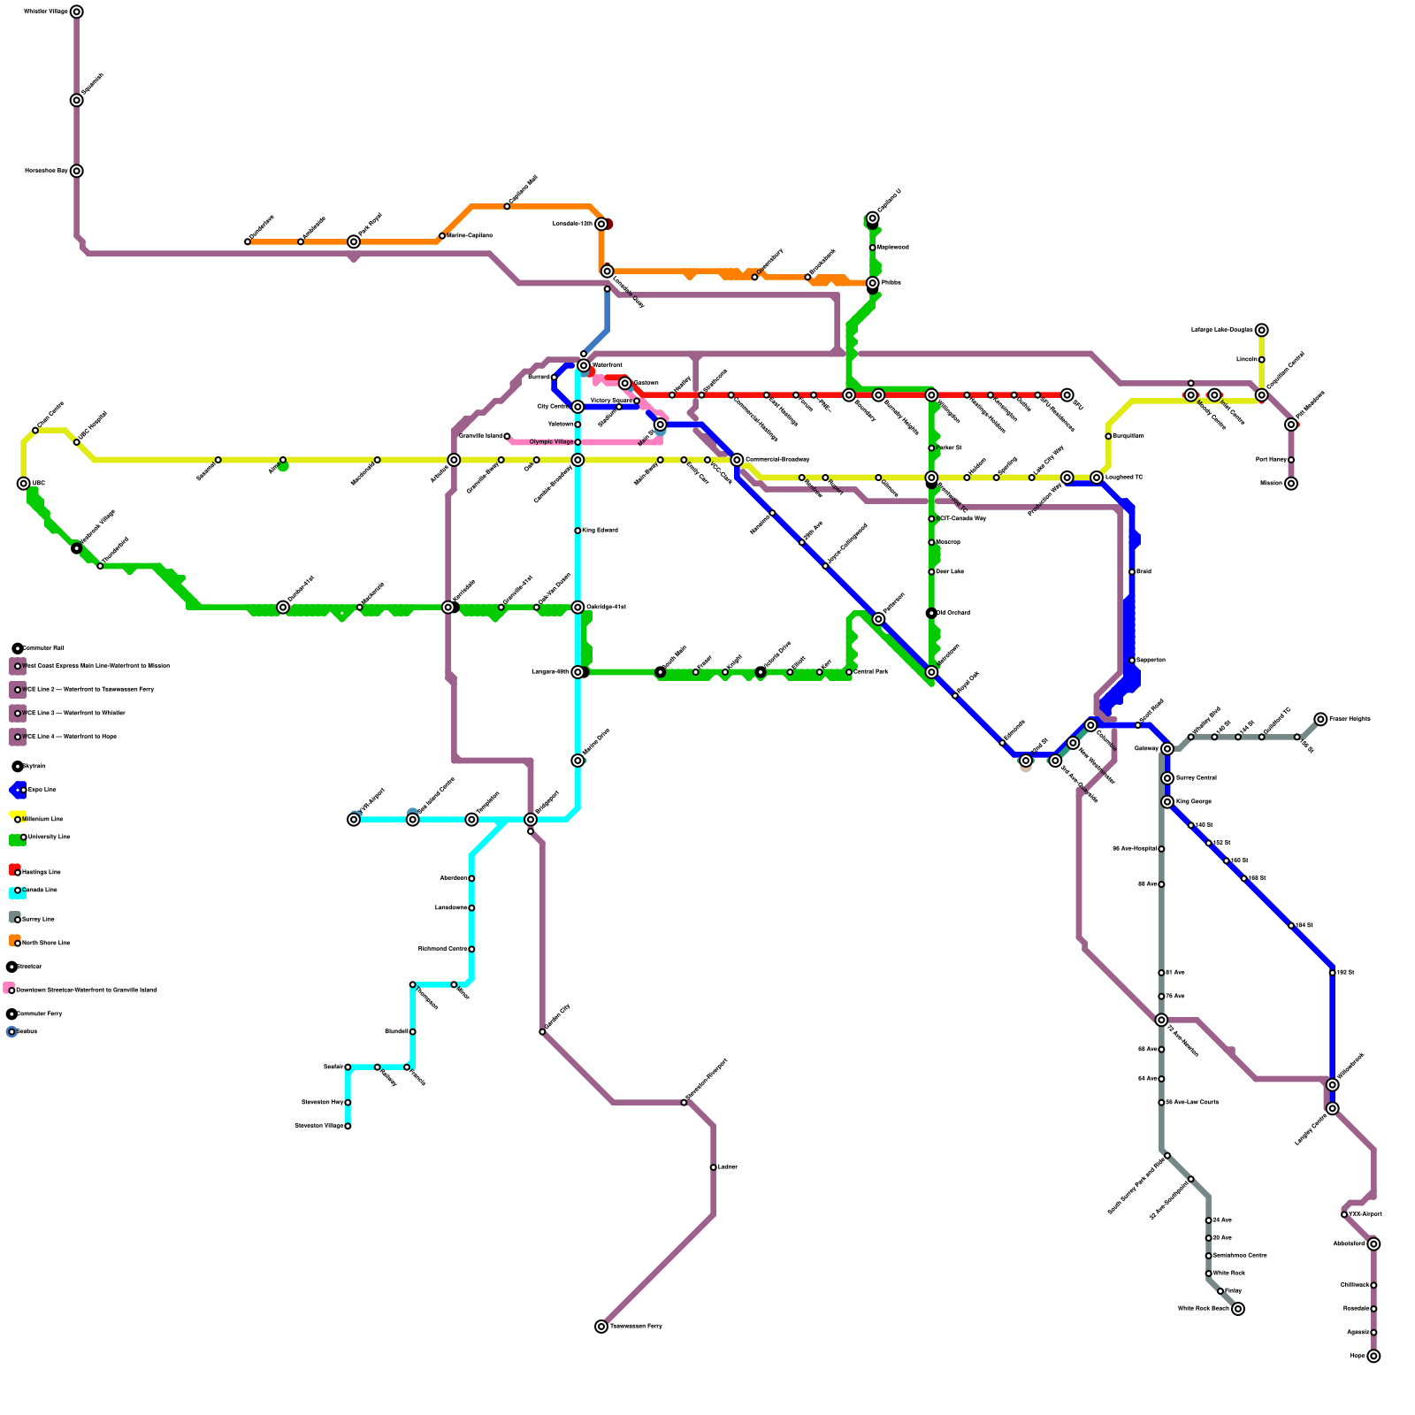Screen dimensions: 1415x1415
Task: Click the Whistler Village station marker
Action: pos(77,11)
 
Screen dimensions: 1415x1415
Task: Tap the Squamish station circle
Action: pos(77,100)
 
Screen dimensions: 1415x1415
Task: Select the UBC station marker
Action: pos(24,483)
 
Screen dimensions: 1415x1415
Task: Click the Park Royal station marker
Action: pos(354,241)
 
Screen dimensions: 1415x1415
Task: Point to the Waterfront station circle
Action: pos(584,365)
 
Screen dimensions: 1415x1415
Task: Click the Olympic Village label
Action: pos(551,442)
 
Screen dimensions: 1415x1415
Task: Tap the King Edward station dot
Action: pos(577,531)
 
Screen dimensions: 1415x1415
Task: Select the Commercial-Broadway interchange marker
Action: pos(737,460)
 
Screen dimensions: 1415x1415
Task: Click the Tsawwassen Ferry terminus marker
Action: pos(601,1327)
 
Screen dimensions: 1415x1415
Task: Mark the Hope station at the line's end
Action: pos(1373,1356)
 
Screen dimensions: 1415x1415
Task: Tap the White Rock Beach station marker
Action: pos(1238,1309)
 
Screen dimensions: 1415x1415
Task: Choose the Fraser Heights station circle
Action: pos(1320,719)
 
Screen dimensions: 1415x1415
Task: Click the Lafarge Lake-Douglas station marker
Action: pos(1262,330)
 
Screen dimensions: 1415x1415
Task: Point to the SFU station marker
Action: pos(1067,394)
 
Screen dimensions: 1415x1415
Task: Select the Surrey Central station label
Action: pos(1197,778)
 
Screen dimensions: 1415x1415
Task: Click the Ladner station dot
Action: pos(713,1167)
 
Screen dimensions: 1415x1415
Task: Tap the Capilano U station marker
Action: pos(873,218)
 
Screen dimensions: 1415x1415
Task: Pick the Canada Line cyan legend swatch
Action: pos(16,892)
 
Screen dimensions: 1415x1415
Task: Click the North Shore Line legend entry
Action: pos(45,943)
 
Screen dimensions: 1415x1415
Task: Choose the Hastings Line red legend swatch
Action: pos(14,869)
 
